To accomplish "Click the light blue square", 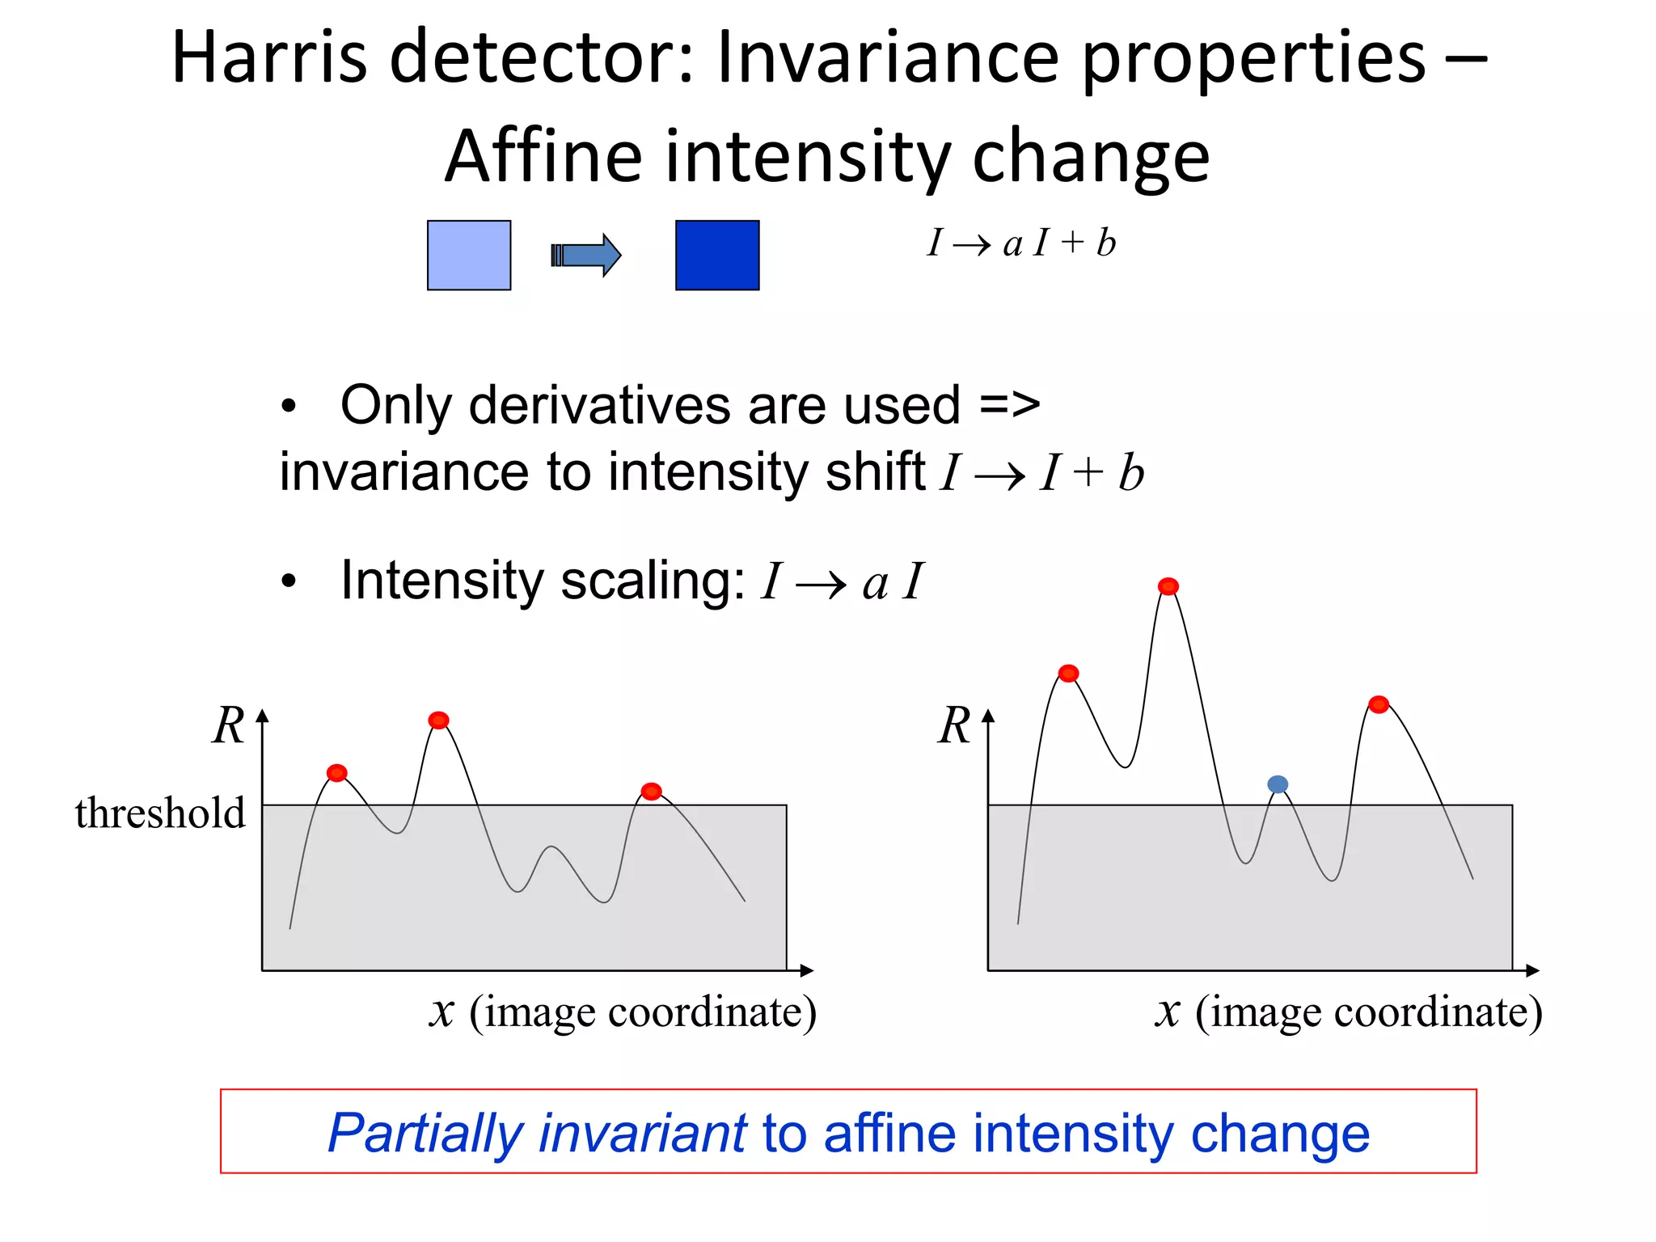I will point(469,255).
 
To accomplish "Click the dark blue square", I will point(717,255).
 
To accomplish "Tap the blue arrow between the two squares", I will point(586,256).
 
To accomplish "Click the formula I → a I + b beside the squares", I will point(1021,243).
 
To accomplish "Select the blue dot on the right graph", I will point(1278,784).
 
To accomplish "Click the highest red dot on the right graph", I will point(1168,586).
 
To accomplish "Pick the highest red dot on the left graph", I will point(438,720).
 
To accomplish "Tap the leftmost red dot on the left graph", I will point(337,773).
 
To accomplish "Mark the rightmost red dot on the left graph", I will point(651,791).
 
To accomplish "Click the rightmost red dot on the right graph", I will point(1379,704).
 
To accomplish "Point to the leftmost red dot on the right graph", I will point(1068,674).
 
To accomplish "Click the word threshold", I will point(160,813).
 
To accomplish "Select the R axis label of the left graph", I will point(228,725).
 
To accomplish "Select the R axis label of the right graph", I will point(954,725).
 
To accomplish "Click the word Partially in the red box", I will point(425,1133).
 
